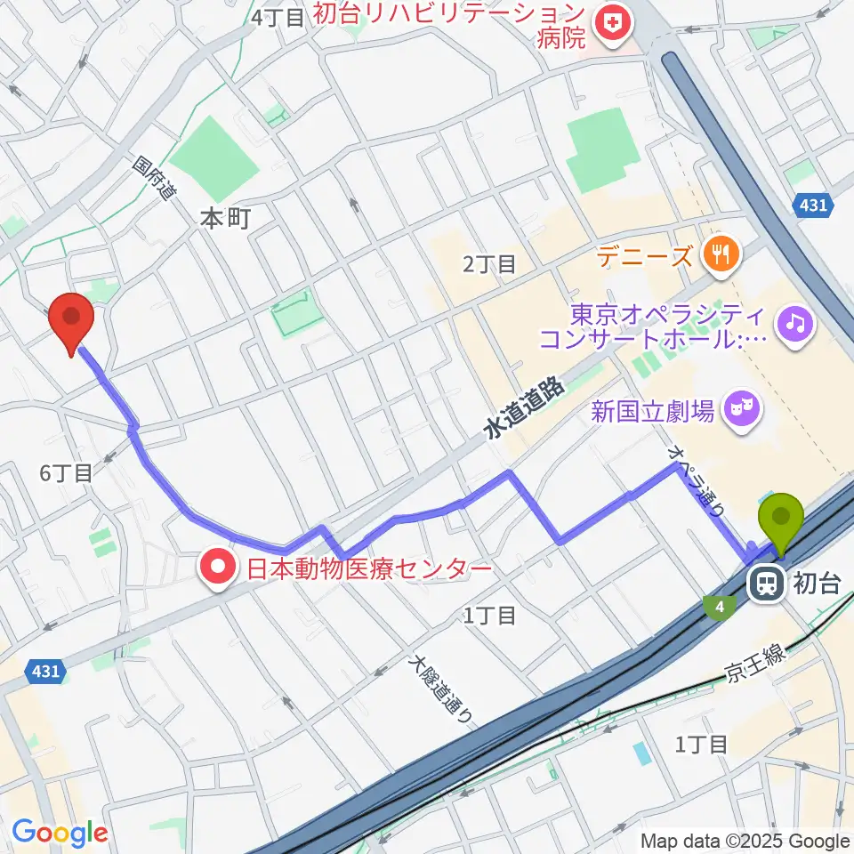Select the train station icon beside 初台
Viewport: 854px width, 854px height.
point(764,584)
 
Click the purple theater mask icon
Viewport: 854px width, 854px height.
point(742,410)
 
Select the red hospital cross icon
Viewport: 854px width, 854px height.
point(610,27)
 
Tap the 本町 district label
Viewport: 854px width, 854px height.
point(227,218)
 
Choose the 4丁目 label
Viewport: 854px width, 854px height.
point(278,17)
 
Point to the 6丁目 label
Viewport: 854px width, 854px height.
point(66,472)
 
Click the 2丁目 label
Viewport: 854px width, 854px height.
point(488,263)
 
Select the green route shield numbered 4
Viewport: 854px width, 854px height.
point(719,608)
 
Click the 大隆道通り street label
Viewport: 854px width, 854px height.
point(439,689)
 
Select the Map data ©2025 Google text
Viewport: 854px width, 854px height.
point(745,841)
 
